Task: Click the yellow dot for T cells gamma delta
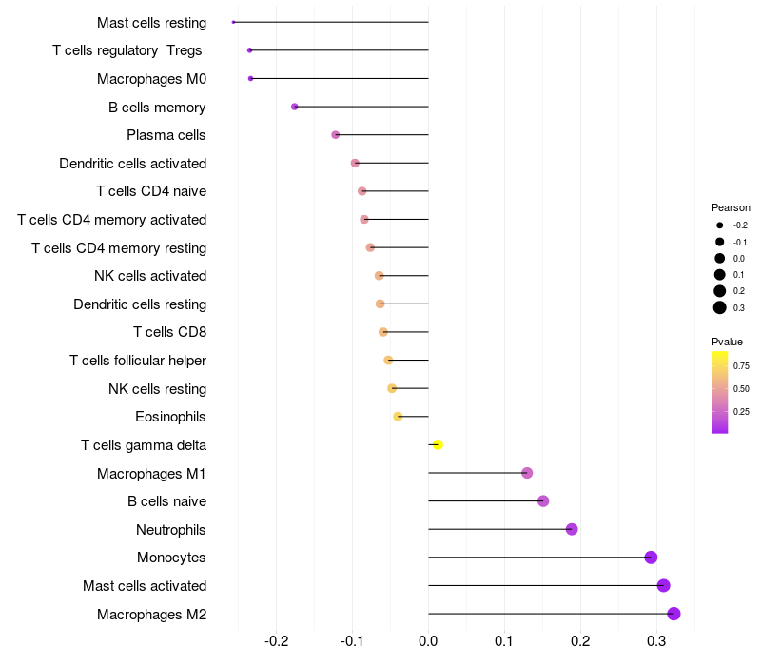coord(438,444)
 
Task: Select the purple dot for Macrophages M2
coord(673,614)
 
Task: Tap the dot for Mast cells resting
coord(233,22)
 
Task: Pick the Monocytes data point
coord(651,558)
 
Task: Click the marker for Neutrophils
coord(572,529)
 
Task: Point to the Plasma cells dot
coord(336,134)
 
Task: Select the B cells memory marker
coord(295,107)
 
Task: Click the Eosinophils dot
coord(398,417)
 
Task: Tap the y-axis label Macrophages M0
coord(152,79)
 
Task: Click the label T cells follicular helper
coord(138,361)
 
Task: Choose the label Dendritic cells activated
coord(133,163)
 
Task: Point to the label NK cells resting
coord(158,389)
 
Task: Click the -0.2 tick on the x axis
coord(276,641)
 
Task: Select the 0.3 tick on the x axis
coord(656,641)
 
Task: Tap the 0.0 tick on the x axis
coord(428,641)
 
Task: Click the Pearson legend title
coord(731,207)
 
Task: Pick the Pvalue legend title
coord(727,342)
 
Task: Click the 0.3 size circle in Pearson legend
coord(720,307)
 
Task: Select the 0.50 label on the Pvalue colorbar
coord(741,389)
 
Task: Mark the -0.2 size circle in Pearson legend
coord(720,225)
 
